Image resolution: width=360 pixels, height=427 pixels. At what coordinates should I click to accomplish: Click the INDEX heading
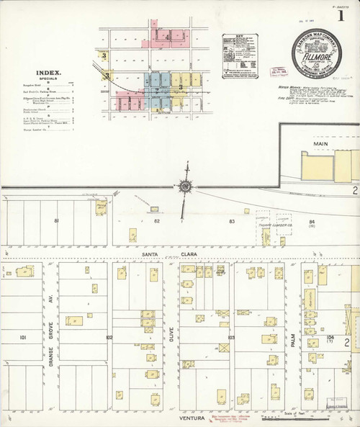click(47, 73)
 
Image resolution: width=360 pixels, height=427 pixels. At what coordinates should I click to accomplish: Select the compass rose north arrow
click(186, 185)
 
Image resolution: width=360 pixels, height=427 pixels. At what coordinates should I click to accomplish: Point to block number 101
click(24, 337)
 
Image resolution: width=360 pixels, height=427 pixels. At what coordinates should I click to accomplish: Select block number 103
click(232, 337)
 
